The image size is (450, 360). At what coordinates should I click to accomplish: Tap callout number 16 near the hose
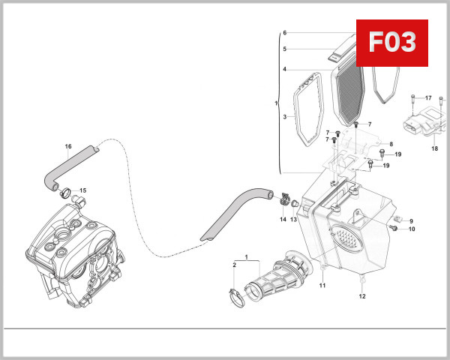67,147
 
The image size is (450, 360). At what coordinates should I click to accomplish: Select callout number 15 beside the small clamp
82,190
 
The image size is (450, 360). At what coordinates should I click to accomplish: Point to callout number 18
433,148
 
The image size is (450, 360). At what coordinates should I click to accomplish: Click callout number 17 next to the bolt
428,98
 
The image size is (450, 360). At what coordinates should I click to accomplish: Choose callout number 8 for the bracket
391,143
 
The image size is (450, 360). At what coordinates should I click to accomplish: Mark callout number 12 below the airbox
361,296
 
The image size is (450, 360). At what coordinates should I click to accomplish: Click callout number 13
294,219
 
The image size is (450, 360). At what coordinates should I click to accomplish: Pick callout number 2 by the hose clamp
234,265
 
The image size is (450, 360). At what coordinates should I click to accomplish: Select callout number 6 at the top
285,34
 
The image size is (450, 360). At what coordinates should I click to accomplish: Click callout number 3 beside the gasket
285,117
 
